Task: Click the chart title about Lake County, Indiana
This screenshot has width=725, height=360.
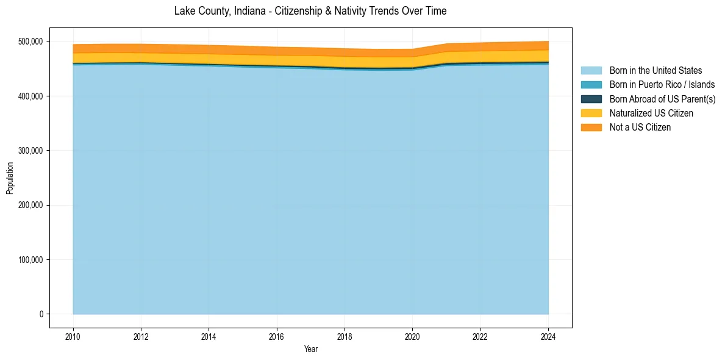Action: [310, 11]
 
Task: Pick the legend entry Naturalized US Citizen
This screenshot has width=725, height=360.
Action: [651, 113]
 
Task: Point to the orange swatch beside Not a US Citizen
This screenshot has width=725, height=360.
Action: [591, 128]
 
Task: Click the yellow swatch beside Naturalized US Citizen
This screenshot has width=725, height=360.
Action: [591, 113]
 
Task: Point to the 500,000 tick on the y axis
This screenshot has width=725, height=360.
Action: [31, 41]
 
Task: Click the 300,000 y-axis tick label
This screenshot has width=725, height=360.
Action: [31, 151]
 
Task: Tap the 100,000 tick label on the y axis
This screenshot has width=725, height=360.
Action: [31, 260]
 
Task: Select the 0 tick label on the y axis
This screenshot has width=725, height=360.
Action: [41, 314]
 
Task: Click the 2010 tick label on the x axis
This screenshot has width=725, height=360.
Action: [73, 336]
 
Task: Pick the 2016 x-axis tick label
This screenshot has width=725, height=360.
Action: [276, 336]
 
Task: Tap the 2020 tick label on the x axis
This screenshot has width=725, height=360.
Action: [412, 336]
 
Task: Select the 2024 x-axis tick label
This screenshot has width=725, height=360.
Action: [548, 336]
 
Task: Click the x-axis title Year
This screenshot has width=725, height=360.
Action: [310, 349]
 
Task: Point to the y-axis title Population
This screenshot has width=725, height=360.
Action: [10, 178]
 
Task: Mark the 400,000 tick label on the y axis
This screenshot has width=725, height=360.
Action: [31, 96]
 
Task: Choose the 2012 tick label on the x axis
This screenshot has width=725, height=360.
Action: [141, 336]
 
